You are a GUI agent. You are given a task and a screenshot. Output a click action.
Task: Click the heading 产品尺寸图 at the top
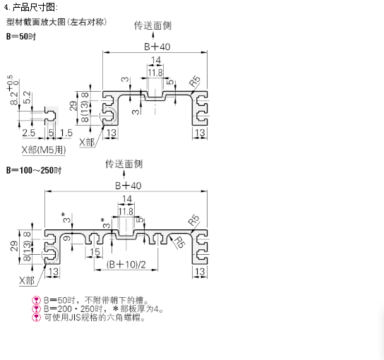point(34,7)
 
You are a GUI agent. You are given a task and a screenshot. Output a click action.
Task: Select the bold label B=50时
point(21,37)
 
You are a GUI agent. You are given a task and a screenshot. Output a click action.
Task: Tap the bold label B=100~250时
point(34,170)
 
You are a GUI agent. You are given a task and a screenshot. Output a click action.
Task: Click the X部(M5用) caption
point(44,150)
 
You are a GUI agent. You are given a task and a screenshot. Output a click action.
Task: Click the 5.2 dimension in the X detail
point(27,97)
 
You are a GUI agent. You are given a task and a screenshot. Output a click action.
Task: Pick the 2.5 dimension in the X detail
point(29,133)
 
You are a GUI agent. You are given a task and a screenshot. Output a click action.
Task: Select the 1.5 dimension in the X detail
point(66,133)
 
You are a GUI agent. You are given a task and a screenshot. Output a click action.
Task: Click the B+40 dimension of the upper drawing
point(157,47)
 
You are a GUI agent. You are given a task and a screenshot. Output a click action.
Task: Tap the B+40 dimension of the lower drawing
point(128,186)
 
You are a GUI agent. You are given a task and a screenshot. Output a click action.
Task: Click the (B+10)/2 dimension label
point(126,265)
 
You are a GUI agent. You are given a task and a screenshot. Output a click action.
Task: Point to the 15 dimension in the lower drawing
point(95,252)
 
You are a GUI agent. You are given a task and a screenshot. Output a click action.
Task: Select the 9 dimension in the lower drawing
point(67,238)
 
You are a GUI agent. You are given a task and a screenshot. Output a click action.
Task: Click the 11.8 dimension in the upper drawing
point(155,73)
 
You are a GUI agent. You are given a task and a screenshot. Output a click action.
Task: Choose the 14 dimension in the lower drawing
point(127,198)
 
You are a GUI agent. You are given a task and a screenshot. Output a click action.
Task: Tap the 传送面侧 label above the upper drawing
point(152,25)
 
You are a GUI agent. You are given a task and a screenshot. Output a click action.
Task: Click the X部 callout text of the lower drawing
point(27,280)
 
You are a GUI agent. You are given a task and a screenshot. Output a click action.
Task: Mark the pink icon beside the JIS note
point(36,318)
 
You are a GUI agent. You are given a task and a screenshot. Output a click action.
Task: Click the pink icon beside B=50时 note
point(36,300)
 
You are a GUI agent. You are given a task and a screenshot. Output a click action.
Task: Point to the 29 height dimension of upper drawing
point(73,106)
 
